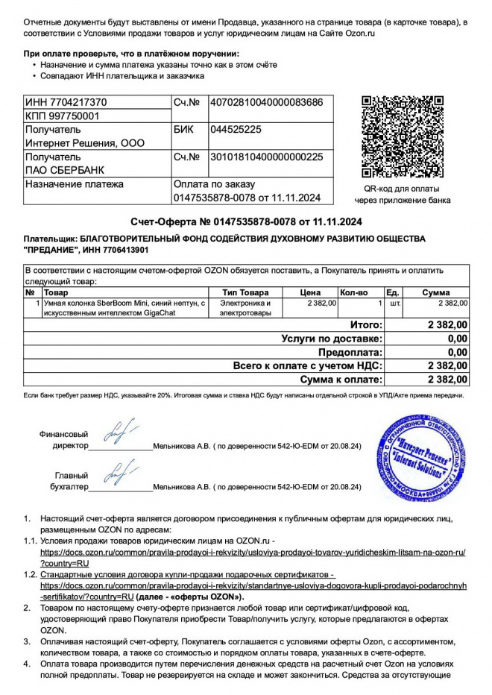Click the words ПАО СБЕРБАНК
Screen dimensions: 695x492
point(60,171)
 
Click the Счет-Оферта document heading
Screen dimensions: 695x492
point(246,221)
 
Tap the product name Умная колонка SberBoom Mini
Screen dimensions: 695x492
point(119,304)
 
